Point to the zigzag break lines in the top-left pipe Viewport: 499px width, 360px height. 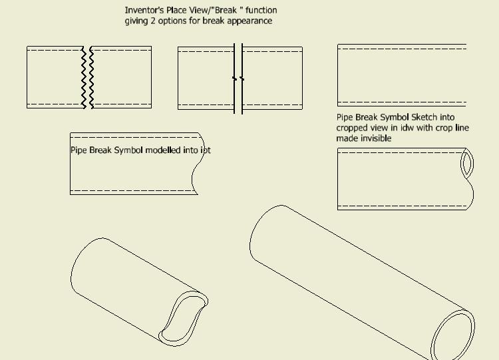[87, 77]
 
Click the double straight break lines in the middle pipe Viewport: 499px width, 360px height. [238, 78]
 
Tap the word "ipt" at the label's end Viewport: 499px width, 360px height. [206, 150]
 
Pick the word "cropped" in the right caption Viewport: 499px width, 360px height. [353, 128]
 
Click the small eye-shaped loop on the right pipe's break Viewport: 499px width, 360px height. [467, 164]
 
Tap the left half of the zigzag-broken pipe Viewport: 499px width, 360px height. [55, 77]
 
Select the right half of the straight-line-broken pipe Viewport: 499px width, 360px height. [273, 78]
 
